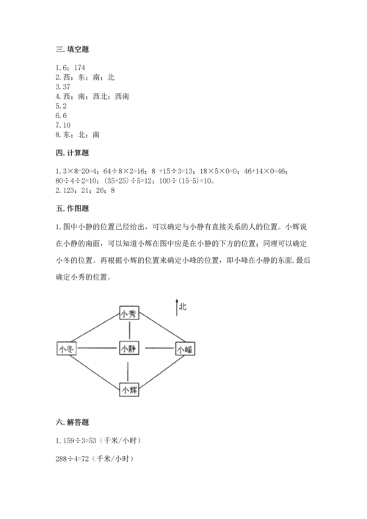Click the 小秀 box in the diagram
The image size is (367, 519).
129,314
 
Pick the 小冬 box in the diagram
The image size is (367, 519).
68,349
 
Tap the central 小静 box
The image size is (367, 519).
129,349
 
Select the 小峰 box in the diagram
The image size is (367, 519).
184,350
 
